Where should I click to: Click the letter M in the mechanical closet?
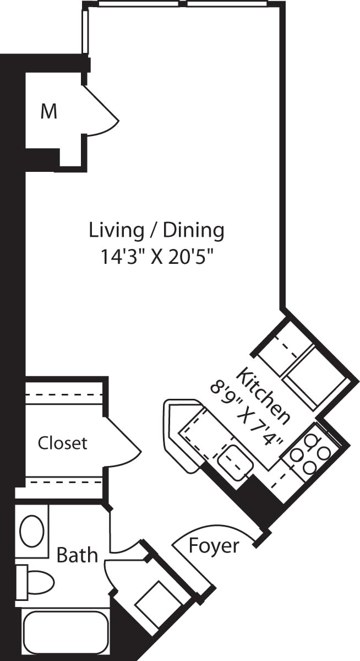point(49,112)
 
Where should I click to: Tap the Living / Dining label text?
point(157,230)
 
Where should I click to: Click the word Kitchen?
point(263,395)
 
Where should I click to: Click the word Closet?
point(62,443)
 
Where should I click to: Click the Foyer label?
point(214,546)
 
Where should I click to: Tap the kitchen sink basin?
point(234,460)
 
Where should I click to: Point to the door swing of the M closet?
point(105,113)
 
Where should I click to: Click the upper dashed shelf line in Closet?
point(63,395)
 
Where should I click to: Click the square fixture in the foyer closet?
point(155,603)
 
